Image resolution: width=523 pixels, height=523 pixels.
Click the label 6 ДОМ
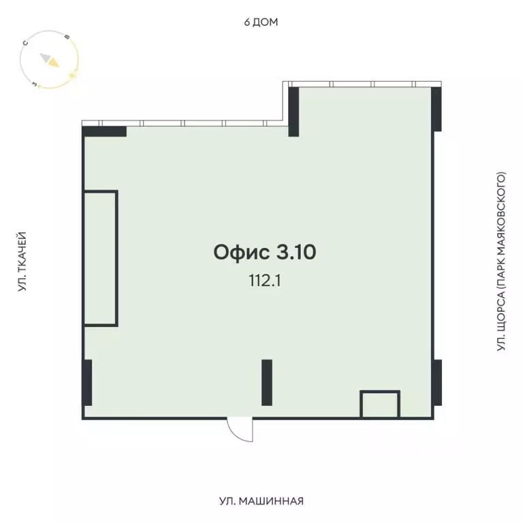pyautogui.click(x=261, y=22)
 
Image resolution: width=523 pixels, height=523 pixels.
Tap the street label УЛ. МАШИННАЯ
pyautogui.click(x=261, y=502)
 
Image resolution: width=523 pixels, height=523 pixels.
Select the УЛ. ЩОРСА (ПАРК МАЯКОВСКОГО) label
pyautogui.click(x=502, y=262)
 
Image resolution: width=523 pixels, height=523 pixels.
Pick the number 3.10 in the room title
pyautogui.click(x=296, y=253)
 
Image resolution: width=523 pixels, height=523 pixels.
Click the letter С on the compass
pyautogui.click(x=25, y=43)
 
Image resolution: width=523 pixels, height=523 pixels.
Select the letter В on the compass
pyautogui.click(x=66, y=37)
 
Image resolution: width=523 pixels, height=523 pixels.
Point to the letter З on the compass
pyautogui.click(x=35, y=84)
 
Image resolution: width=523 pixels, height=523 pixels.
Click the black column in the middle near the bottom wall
pyautogui.click(x=267, y=382)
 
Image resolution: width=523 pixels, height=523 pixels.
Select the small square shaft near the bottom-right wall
pyautogui.click(x=380, y=405)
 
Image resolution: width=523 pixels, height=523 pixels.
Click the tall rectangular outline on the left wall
pyautogui.click(x=101, y=258)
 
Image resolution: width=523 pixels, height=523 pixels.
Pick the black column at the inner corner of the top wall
pyautogui.click(x=294, y=112)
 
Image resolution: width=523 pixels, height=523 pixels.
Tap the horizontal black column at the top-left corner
pyautogui.click(x=105, y=131)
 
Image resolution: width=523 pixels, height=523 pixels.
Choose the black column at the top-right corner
pyautogui.click(x=437, y=109)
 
